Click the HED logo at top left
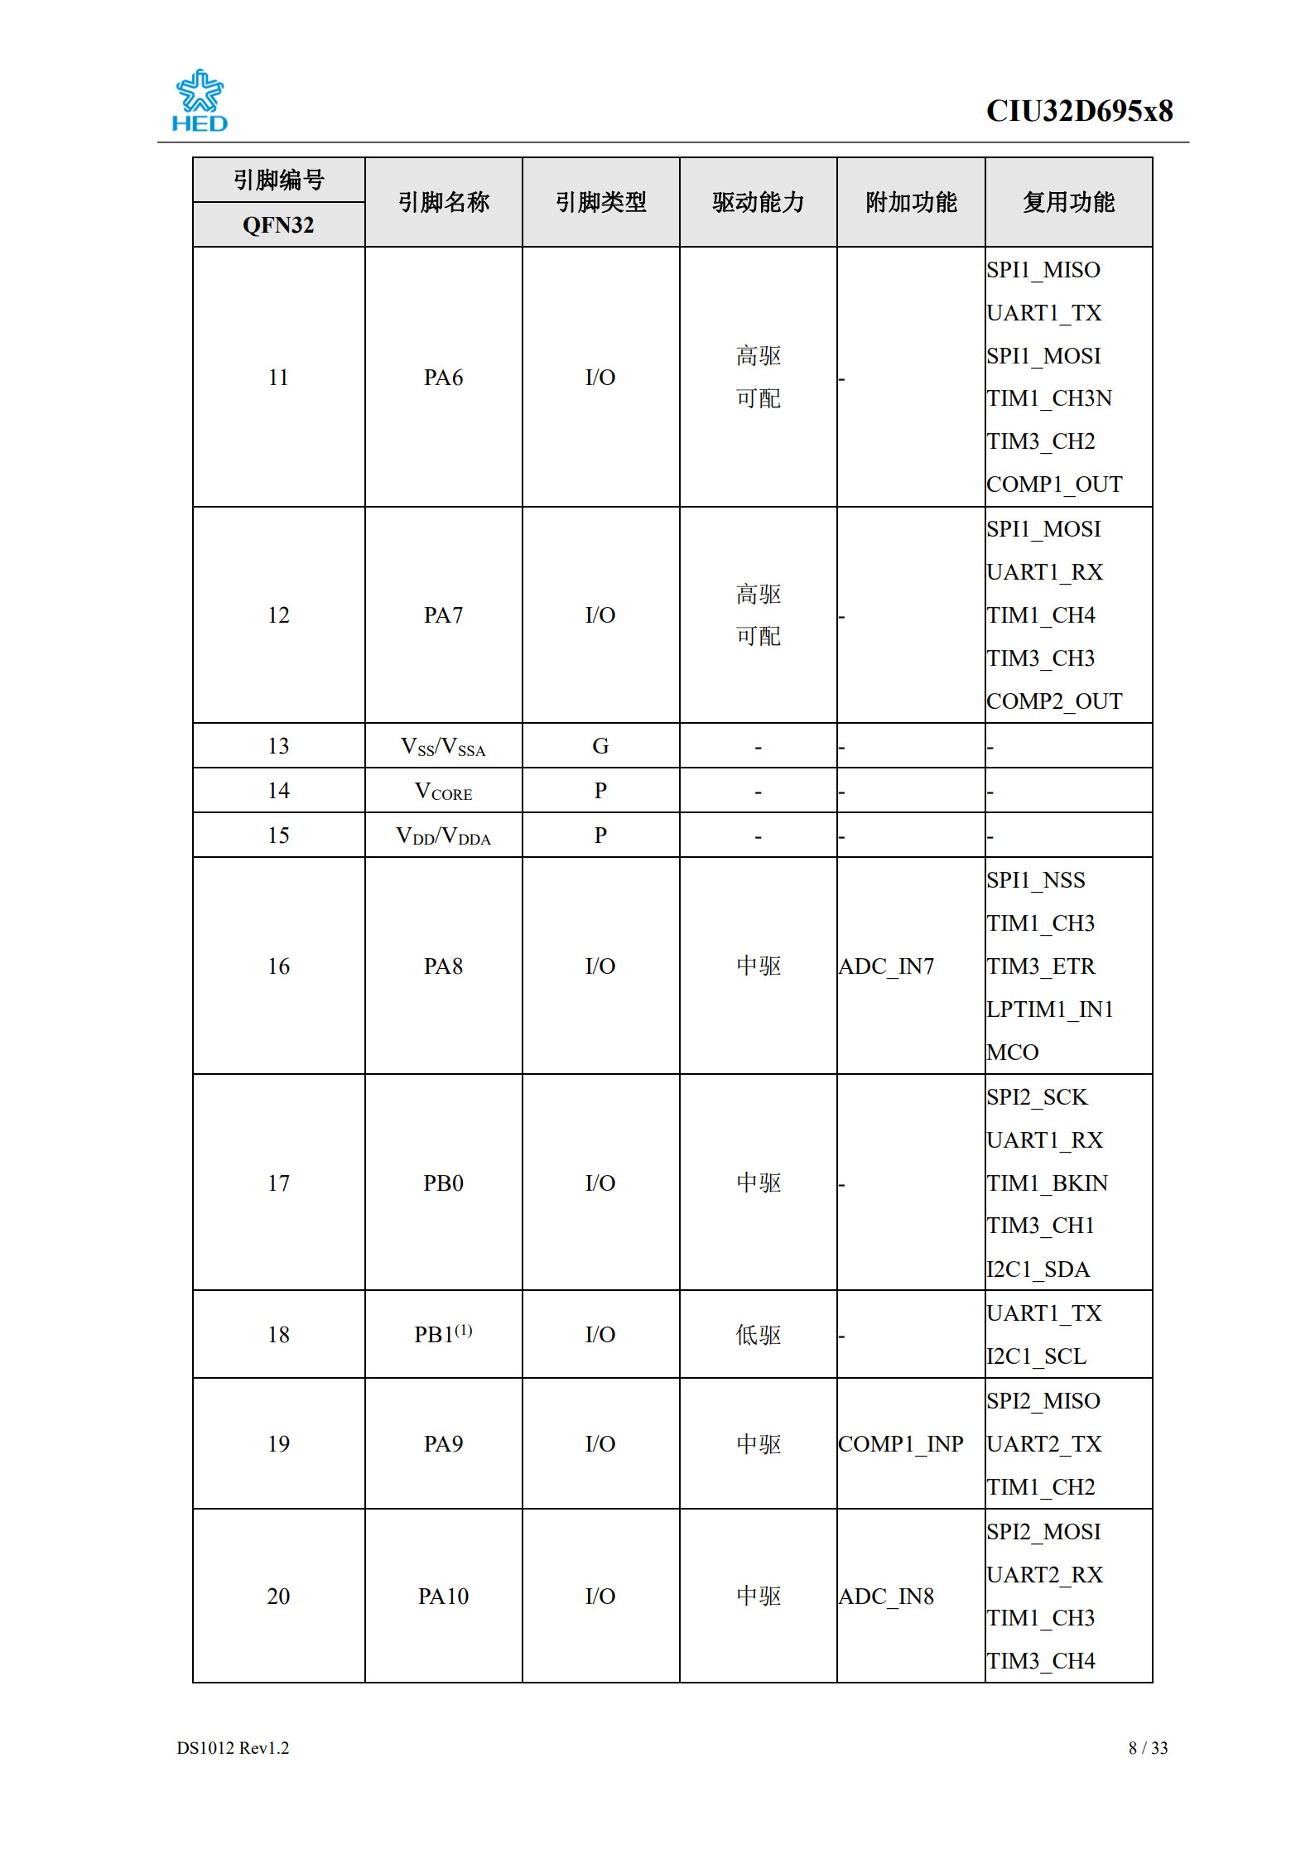(x=199, y=101)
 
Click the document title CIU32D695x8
(x=1078, y=111)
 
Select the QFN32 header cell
(x=278, y=225)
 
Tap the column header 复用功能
(x=1068, y=202)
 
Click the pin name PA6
(x=443, y=378)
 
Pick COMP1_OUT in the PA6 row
(x=1053, y=484)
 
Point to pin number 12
(x=278, y=615)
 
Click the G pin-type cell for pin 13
(x=600, y=746)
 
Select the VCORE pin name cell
(x=443, y=792)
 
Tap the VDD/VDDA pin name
(x=443, y=836)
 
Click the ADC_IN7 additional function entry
(x=886, y=966)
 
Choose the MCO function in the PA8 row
(x=1012, y=1052)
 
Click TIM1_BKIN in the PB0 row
(x=1047, y=1183)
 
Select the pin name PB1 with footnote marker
(x=443, y=1334)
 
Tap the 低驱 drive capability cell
(x=758, y=1335)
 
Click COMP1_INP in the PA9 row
(x=900, y=1444)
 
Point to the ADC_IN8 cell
(x=886, y=1597)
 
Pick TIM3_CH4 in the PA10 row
(x=1040, y=1661)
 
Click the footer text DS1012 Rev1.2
(x=233, y=1748)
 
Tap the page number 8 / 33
(x=1148, y=1748)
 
